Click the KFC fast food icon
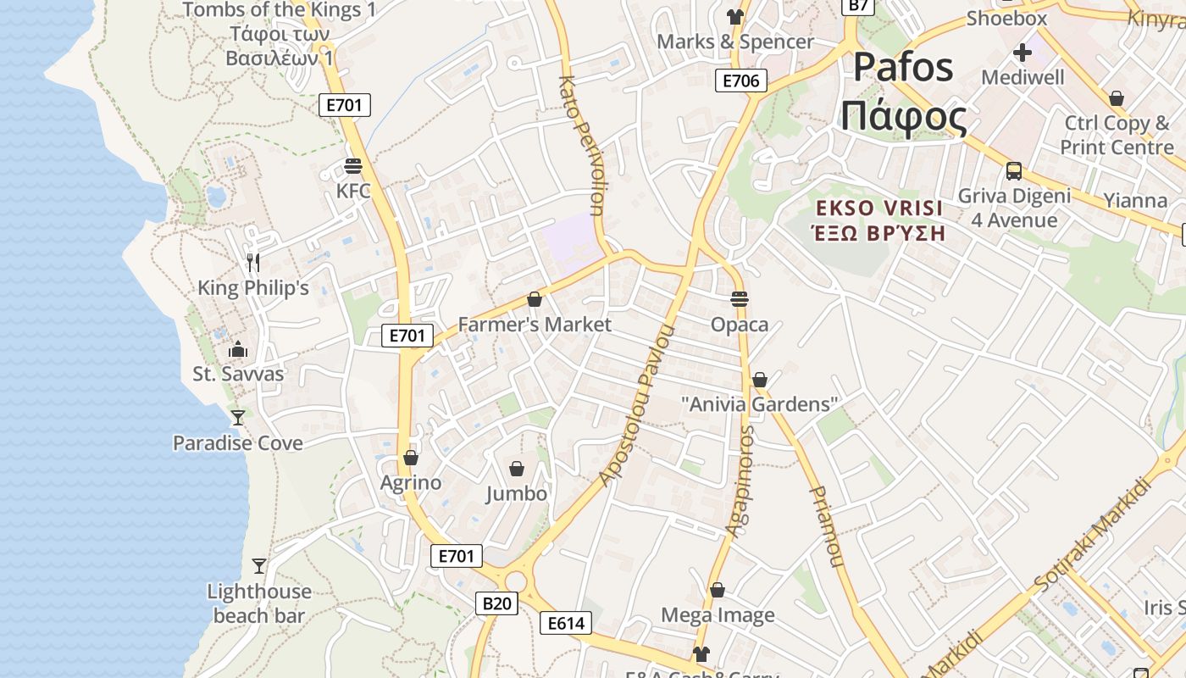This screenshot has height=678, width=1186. point(353,165)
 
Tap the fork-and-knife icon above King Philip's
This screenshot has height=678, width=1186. point(252,263)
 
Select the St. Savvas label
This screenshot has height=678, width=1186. point(238,374)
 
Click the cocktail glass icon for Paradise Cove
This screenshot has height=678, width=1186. point(238,417)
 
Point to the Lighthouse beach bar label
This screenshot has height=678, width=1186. point(259,603)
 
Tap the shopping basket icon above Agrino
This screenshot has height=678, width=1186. point(411,458)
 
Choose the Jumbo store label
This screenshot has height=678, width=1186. point(517,493)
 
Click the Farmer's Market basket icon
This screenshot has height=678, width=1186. point(535,299)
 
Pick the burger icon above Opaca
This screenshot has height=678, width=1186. point(740,298)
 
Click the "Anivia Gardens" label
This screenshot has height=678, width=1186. point(760,404)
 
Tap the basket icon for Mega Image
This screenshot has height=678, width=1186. point(718,590)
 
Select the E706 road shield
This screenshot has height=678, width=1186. point(741,81)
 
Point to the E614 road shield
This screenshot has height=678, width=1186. point(566,624)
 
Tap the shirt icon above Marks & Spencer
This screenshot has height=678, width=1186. point(734,17)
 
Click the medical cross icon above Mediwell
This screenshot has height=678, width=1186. point(1023,53)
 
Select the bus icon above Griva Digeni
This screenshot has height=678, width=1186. point(1014,171)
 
